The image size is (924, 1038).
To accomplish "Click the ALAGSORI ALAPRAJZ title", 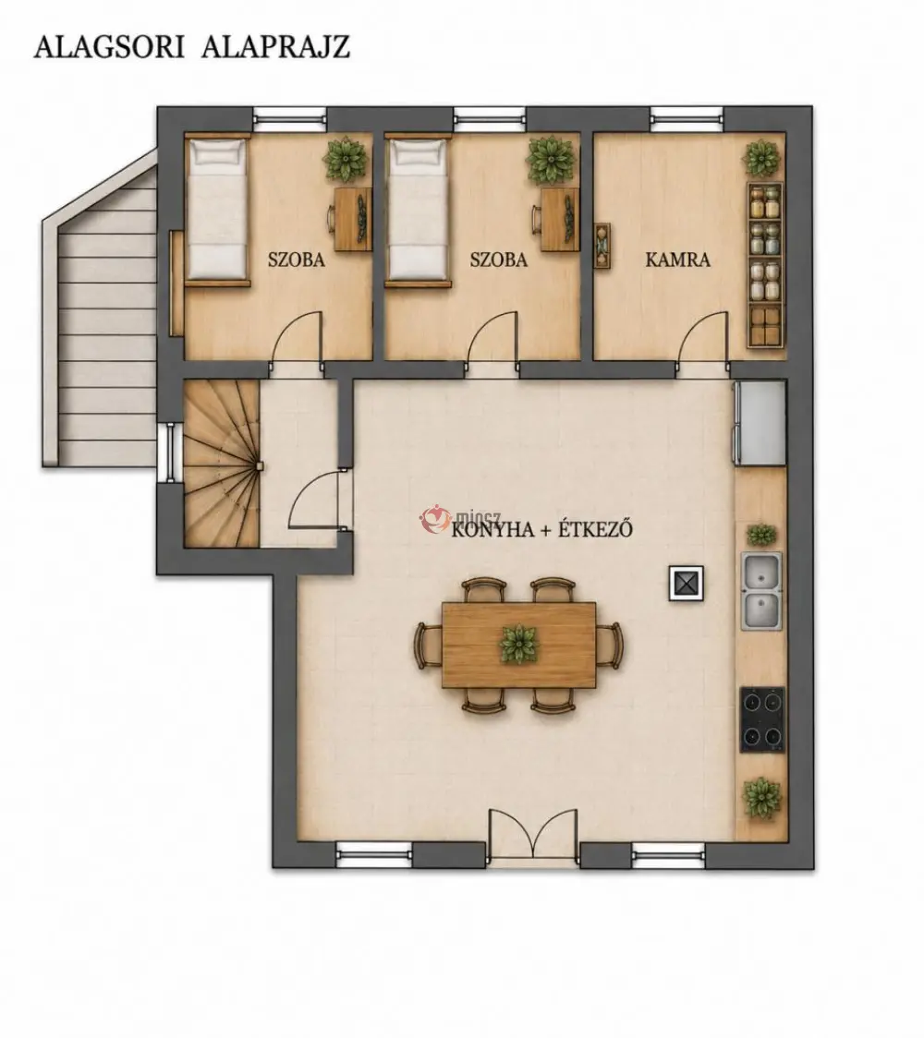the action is (192, 48).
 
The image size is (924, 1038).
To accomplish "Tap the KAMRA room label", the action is (677, 259).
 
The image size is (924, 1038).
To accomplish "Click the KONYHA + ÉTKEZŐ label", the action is (541, 529).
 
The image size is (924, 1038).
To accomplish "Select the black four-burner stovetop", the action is (762, 719).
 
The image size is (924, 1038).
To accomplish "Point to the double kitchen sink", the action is (761, 591).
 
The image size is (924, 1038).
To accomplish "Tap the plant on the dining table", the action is (519, 643).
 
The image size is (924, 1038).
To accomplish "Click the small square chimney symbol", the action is (687, 584).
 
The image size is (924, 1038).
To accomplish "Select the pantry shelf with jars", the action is (766, 265).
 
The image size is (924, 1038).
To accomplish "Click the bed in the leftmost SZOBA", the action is (216, 211).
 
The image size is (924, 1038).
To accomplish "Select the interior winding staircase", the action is (221, 464).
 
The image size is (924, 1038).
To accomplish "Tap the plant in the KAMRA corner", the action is (761, 159).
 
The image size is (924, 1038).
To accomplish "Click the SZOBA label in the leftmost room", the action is (296, 259).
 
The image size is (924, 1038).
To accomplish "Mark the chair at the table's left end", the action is (429, 646).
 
